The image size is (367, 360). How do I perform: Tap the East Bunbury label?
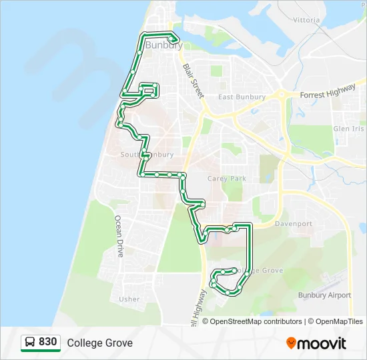click(x=242, y=97)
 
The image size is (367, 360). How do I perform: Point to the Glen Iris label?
click(x=349, y=129)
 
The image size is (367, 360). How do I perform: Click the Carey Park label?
click(x=227, y=179)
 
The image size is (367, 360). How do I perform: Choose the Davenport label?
click(x=293, y=224)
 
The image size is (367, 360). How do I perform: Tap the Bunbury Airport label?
click(x=324, y=295)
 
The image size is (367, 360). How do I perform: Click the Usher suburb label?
click(x=129, y=299)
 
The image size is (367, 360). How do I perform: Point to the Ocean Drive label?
click(x=119, y=236)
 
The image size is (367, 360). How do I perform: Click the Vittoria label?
click(x=306, y=20)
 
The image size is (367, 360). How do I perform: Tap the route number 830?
click(x=48, y=342)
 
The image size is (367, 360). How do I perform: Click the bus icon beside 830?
click(x=30, y=343)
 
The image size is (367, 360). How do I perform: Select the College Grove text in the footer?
click(x=99, y=343)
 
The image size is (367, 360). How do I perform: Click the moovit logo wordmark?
click(x=322, y=343)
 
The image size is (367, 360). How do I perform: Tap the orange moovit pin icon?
click(x=291, y=343)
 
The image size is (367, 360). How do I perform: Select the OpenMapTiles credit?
click(x=337, y=321)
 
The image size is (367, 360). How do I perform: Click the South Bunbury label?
click(x=138, y=155)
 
